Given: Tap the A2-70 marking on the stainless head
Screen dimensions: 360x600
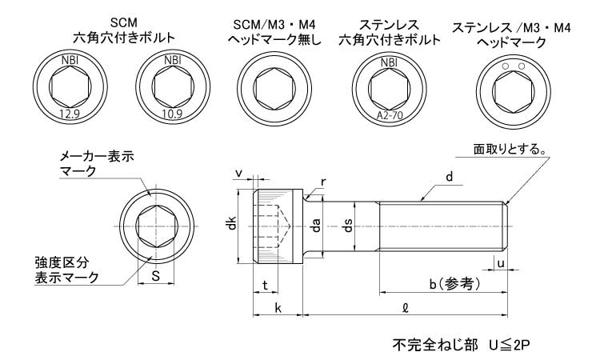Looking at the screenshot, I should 388,115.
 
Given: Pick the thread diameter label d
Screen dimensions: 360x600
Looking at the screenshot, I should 450,178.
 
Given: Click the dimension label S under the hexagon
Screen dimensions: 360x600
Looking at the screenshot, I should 156,277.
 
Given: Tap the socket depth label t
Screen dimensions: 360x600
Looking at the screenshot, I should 264,285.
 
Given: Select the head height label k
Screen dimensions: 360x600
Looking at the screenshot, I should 277,307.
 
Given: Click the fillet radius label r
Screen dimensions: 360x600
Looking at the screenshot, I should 322,182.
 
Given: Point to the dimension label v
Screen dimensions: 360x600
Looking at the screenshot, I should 238,172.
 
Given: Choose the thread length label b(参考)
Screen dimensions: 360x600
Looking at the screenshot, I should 454,285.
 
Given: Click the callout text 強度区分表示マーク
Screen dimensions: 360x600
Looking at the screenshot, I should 66,270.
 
